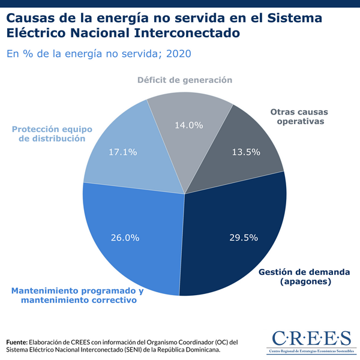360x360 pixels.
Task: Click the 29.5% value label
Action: pos(244,237)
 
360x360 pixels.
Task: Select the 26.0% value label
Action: pos(125,237)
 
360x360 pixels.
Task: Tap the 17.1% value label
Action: pos(122,152)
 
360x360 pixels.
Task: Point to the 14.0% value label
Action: pos(188,125)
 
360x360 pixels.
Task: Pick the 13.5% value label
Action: pos(246,152)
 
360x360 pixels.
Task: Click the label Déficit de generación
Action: pos(184,80)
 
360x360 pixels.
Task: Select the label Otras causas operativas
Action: pos(297,116)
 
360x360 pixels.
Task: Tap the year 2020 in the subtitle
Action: pos(179,54)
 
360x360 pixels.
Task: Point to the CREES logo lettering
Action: pos(303,336)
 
